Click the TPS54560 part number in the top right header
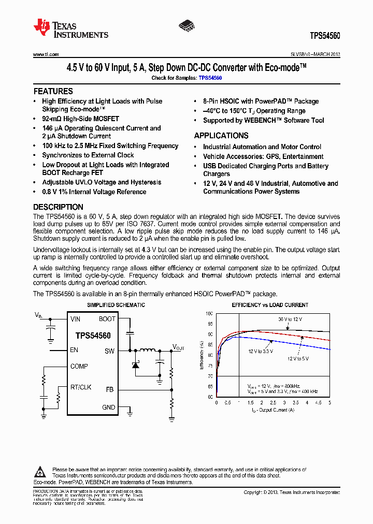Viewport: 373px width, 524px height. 325,36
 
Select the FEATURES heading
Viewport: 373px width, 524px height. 53,91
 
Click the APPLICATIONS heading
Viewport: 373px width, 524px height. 221,136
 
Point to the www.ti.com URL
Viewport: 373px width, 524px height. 46,54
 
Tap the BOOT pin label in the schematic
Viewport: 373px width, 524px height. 107,319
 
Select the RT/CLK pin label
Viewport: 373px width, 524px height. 81,387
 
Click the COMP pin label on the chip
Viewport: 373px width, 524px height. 79,367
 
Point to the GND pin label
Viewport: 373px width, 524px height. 109,407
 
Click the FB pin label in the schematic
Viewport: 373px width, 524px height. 110,389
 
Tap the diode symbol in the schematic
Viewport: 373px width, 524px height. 136,365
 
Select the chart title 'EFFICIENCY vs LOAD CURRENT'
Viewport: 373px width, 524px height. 270,305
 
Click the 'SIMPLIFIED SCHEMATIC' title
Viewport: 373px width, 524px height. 116,305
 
